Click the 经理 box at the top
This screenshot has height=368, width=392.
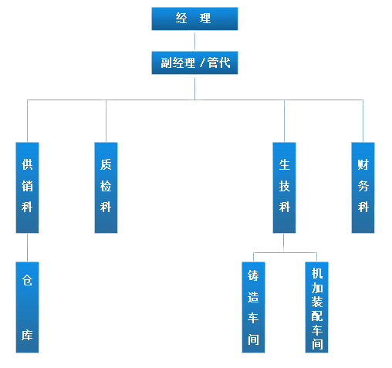(194, 19)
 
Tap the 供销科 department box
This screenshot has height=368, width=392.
(27, 187)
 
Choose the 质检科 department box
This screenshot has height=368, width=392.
(106, 187)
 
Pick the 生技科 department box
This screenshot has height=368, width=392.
(284, 187)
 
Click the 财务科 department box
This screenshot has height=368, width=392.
(363, 187)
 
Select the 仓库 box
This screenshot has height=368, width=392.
(27, 307)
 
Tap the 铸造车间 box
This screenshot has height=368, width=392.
(253, 307)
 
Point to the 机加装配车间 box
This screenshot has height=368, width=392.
(316, 307)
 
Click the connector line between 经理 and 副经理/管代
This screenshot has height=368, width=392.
(194, 41)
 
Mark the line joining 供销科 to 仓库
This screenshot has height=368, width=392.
(27, 247)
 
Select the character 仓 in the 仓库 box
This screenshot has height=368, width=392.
(27, 281)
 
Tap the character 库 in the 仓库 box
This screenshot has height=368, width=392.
(27, 337)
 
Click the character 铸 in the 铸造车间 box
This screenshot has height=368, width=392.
(253, 275)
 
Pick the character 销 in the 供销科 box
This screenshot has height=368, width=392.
(27, 185)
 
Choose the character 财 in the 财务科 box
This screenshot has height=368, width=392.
(363, 164)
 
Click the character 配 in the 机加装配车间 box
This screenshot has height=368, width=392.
(316, 316)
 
